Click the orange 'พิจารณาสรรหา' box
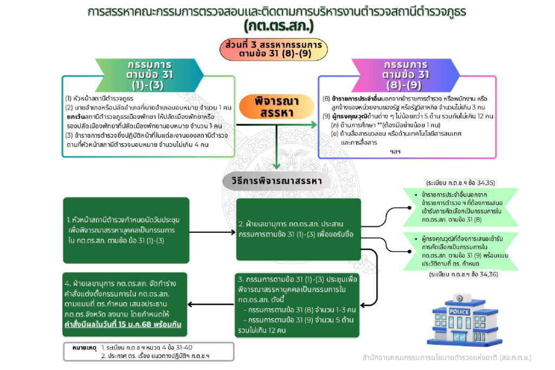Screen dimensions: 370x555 point(276,106)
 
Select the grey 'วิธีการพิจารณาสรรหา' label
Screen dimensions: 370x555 point(277,180)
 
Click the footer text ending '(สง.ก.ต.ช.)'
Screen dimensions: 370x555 point(447,358)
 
